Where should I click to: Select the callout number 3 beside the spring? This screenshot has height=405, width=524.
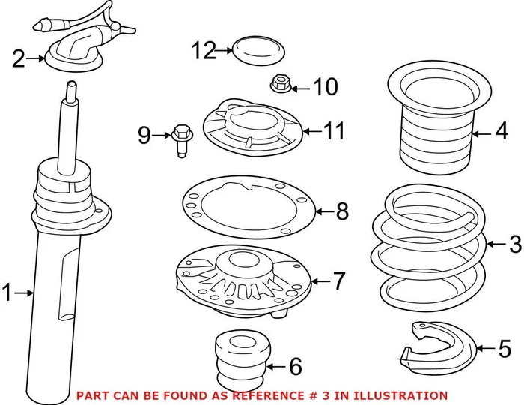(x=513, y=244)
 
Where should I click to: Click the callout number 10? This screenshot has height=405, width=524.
(x=326, y=88)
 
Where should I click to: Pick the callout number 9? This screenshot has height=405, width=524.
(x=144, y=136)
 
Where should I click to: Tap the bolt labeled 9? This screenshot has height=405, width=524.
(x=180, y=140)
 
